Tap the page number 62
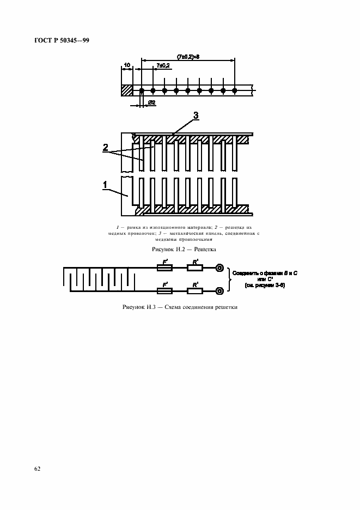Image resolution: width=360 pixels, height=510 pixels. coord(38,469)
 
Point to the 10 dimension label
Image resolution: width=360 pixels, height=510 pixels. coord(126,65)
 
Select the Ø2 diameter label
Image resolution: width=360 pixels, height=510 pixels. coord(152,102)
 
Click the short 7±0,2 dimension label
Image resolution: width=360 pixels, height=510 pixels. coord(162,65)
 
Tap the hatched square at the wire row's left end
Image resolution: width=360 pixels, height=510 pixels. coord(127,90)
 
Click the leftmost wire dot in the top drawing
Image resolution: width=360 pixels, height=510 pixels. coord(141,90)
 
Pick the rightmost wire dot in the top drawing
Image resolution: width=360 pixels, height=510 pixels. coord(235,90)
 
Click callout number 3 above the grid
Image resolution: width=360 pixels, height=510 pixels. coord(196,116)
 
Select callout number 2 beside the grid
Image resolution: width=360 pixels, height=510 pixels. coord(106,148)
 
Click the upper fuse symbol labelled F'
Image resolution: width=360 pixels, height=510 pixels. coord(164,268)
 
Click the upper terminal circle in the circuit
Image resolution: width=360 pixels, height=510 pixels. coord(219,268)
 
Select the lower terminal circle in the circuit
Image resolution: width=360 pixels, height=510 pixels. coord(219,291)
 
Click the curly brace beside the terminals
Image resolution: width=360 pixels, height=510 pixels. coord(229,280)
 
